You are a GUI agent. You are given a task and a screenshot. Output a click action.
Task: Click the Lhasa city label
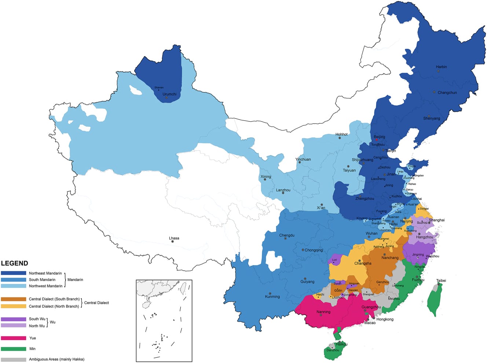point(174,238)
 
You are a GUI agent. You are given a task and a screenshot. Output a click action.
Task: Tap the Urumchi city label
point(169,94)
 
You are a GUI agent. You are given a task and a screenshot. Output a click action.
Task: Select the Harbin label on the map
point(441,67)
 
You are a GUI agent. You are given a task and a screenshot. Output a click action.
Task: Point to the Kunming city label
point(272,297)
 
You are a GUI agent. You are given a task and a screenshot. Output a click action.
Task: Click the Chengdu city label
point(287,235)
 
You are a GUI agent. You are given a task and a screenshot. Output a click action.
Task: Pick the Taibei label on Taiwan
point(441,280)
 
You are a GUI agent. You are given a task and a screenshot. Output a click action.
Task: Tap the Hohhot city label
point(341,135)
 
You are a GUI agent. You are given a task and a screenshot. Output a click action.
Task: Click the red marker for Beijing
point(377,140)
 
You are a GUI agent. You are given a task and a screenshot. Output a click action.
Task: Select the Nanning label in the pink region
point(323,312)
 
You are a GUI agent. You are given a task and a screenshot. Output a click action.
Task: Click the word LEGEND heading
point(14,263)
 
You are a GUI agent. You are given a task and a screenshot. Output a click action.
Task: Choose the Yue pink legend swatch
point(14,338)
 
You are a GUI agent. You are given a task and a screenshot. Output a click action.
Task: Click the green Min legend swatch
point(14,349)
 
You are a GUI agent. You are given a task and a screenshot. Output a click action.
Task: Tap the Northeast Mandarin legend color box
point(14,273)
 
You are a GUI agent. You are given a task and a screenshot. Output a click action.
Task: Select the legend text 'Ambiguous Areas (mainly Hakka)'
point(56,359)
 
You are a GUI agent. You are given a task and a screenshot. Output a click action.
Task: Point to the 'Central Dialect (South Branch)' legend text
point(54,299)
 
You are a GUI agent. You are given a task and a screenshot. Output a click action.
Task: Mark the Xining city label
point(266,177)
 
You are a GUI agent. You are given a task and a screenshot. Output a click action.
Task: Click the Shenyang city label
point(431,118)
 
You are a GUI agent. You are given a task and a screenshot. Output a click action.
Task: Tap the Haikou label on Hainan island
point(341,344)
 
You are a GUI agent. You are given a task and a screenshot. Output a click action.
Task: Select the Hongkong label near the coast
point(385,319)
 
